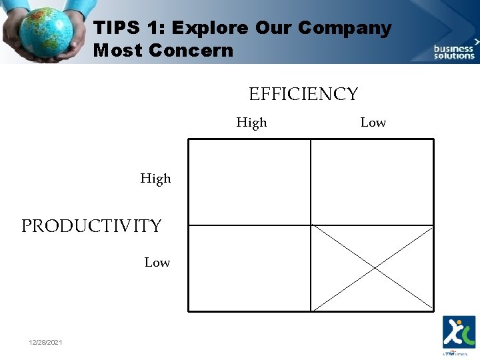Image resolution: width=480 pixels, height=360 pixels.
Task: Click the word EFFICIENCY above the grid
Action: point(303,95)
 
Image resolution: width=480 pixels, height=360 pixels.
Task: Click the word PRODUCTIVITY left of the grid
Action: point(91,227)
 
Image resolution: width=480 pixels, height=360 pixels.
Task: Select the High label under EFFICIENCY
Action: point(251,123)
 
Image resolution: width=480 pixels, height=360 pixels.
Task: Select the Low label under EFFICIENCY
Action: point(373,123)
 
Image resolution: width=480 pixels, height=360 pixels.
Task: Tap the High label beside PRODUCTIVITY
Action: point(155,179)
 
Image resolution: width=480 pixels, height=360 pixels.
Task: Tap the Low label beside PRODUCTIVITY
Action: point(157,263)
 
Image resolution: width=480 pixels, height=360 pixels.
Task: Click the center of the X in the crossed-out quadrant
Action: point(373,268)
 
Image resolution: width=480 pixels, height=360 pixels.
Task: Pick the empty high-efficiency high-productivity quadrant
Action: point(249,182)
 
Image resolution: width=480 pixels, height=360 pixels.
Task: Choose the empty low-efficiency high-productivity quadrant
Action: point(372,182)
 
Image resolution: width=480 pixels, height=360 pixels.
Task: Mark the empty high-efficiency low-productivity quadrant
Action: point(249,268)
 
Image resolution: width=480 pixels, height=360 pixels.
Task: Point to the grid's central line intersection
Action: point(311,225)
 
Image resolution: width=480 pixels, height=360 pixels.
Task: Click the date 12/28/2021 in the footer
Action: point(46,342)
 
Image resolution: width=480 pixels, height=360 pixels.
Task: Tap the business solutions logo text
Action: point(454,52)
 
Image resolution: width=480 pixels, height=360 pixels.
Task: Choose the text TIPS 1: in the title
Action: point(123,29)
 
